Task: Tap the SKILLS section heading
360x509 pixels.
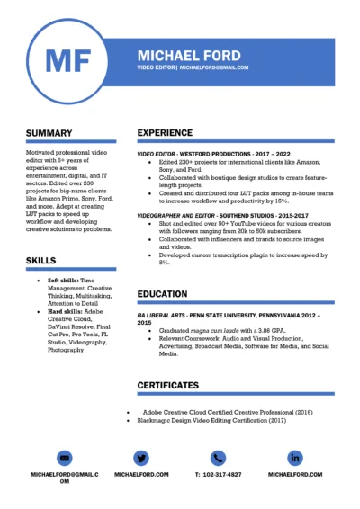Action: click(40, 260)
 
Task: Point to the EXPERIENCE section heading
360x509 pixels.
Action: click(165, 133)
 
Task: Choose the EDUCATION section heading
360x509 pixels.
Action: click(162, 294)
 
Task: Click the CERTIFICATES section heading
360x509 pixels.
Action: click(168, 385)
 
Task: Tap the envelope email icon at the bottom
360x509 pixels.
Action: click(64, 456)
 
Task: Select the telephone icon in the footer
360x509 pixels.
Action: click(218, 456)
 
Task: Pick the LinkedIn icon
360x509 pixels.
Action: click(295, 456)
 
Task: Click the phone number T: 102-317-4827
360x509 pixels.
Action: click(218, 474)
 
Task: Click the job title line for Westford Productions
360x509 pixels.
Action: click(210, 154)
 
